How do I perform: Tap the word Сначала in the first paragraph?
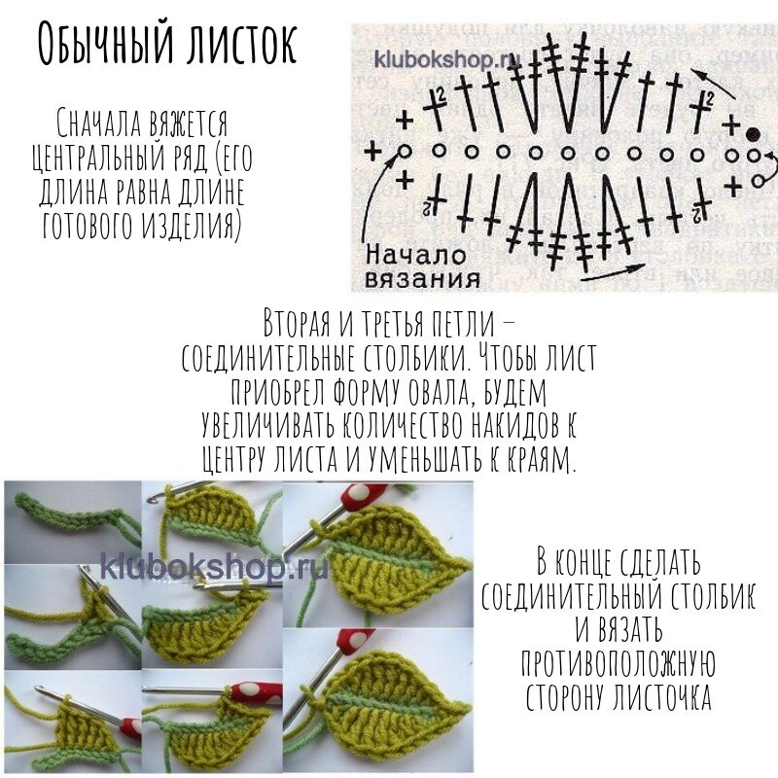pyautogui.click(x=99, y=123)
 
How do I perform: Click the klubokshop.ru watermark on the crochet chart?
pyautogui.click(x=446, y=59)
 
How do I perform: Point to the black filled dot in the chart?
pyautogui.click(x=753, y=133)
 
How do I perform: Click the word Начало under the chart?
pyautogui.click(x=416, y=256)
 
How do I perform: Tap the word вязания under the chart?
pyautogui.click(x=422, y=279)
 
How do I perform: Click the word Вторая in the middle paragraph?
pyautogui.click(x=297, y=323)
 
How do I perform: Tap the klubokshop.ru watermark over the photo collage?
pyautogui.click(x=214, y=567)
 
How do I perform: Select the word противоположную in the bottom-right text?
pyautogui.click(x=619, y=663)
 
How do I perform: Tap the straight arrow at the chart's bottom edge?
pyautogui.click(x=614, y=272)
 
